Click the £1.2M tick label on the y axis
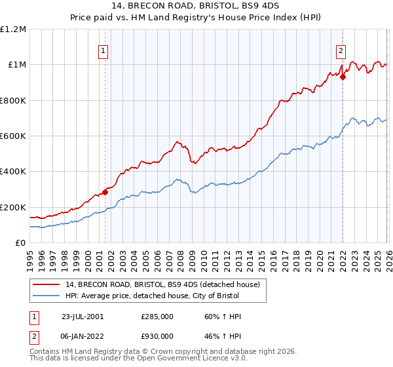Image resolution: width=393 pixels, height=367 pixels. pos(13,29)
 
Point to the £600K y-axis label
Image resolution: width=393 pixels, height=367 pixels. pos(13,136)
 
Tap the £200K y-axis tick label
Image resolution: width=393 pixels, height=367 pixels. pos(13,207)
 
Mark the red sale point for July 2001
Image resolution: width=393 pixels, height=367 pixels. pos(105,192)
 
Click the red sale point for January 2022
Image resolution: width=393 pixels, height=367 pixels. pos(343,77)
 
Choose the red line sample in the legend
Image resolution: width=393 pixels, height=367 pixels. pos(47,284)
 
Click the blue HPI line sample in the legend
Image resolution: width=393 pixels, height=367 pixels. pos(47,296)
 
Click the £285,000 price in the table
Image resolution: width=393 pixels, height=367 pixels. pos(157,317)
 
